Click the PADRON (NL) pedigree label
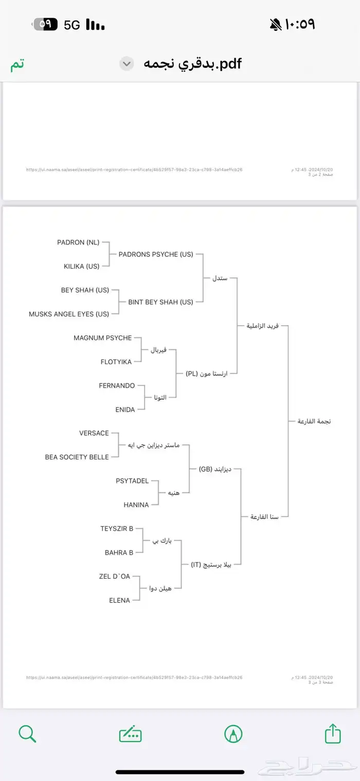[78, 242]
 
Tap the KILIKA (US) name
[81, 266]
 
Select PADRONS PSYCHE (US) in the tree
[156, 254]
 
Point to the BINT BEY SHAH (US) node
[160, 302]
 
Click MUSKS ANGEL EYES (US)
[69, 314]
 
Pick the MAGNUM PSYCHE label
[102, 338]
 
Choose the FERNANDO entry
[117, 385]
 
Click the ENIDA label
[125, 410]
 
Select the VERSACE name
[94, 433]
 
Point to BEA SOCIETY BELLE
[77, 457]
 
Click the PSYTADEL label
[132, 481]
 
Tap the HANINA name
[136, 505]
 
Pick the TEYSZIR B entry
[117, 528]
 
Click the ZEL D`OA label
[114, 576]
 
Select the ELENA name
[119, 600]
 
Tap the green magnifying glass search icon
[27, 734]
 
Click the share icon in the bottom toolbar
[333, 734]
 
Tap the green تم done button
[17, 65]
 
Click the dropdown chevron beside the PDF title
[127, 64]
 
